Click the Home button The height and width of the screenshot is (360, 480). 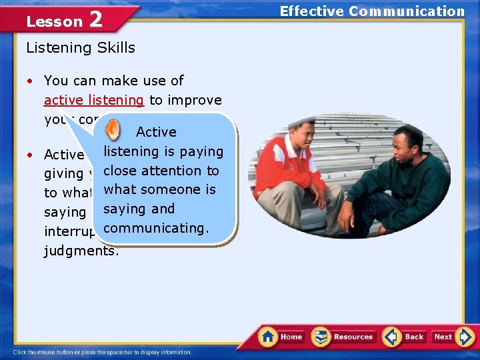coord(281,337)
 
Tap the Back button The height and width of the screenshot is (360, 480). coord(404,337)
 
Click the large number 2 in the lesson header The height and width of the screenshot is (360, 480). coord(95,20)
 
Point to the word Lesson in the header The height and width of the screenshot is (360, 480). coord(54,21)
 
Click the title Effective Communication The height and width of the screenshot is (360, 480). coord(371,11)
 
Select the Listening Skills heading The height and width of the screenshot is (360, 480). coord(80,48)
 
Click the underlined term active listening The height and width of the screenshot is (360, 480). coord(93,100)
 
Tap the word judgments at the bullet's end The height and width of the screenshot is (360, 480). coord(81,251)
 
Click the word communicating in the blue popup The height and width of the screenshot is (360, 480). coord(157,228)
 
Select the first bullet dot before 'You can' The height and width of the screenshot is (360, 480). coord(31,81)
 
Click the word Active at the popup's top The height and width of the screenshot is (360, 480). coord(156,132)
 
